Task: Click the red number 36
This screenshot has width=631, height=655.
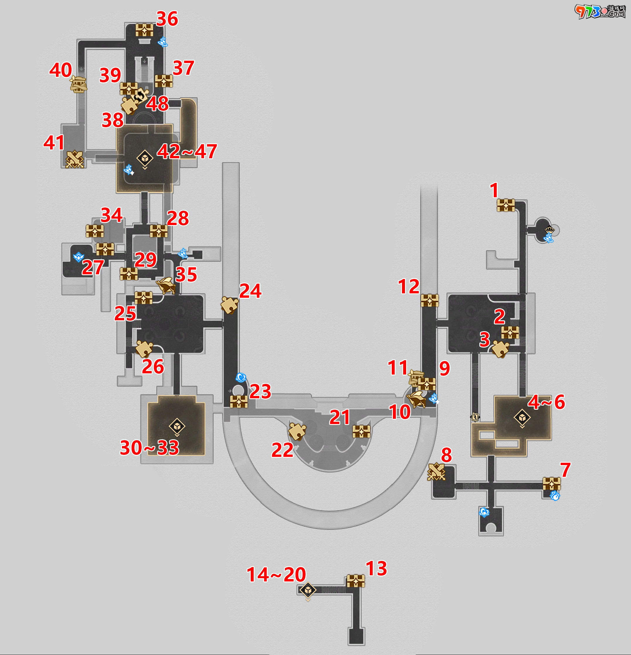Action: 167,19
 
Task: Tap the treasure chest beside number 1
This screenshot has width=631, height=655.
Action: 506,205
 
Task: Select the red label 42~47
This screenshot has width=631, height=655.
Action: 187,152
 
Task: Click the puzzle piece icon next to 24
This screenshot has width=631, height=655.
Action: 230,305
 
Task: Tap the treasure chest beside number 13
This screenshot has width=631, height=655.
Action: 355,581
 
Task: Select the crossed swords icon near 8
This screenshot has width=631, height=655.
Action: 436,472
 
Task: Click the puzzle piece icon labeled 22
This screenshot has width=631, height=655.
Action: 297,431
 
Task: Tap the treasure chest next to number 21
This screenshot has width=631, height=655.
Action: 362,431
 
